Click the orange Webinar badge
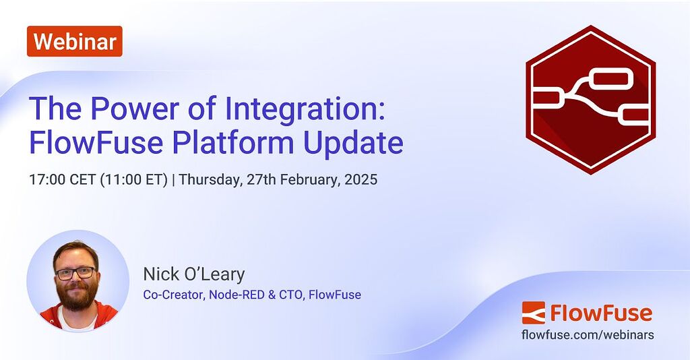75,41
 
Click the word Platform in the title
239,143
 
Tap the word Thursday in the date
210,180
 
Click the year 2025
361,180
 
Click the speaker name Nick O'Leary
193,274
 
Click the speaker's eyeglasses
75,273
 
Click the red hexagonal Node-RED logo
590,100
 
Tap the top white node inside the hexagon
610,80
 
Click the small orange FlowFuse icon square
533,313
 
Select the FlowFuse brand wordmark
601,313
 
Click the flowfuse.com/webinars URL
588,335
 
